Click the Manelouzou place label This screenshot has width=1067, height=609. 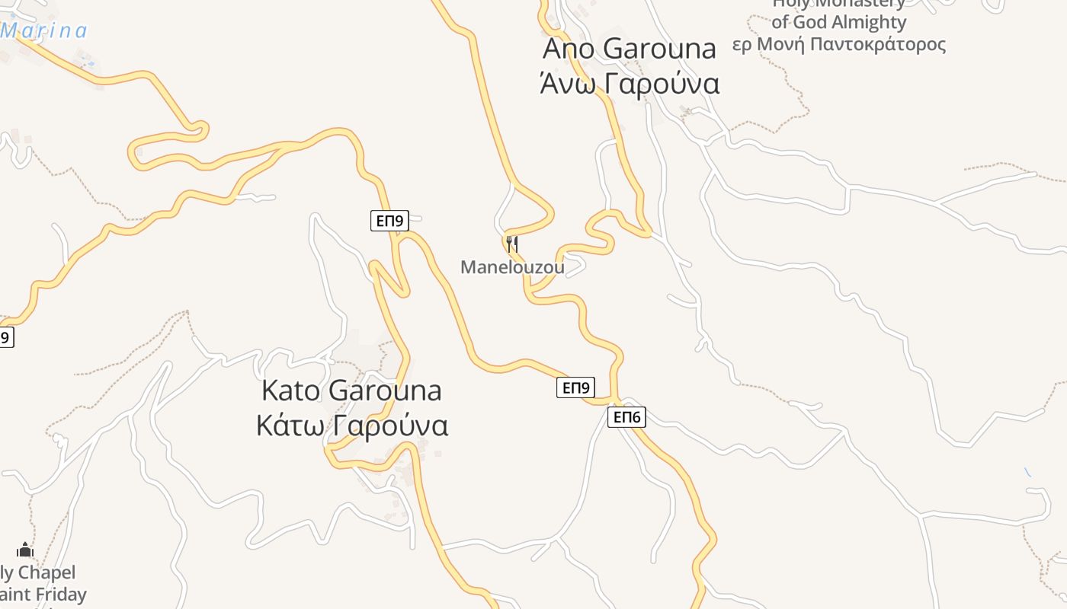pyautogui.click(x=512, y=267)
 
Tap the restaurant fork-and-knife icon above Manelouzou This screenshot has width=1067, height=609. pyautogui.click(x=512, y=244)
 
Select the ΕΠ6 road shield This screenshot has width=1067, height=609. pyautogui.click(x=626, y=416)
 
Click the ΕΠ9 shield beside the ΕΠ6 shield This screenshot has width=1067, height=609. pyautogui.click(x=575, y=387)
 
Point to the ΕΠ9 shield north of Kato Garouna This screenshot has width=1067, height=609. pyautogui.click(x=389, y=221)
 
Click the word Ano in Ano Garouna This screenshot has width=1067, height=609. pyautogui.click(x=569, y=49)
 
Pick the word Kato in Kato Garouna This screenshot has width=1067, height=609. pyautogui.click(x=291, y=391)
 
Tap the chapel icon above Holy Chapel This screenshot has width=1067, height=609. pyautogui.click(x=25, y=550)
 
